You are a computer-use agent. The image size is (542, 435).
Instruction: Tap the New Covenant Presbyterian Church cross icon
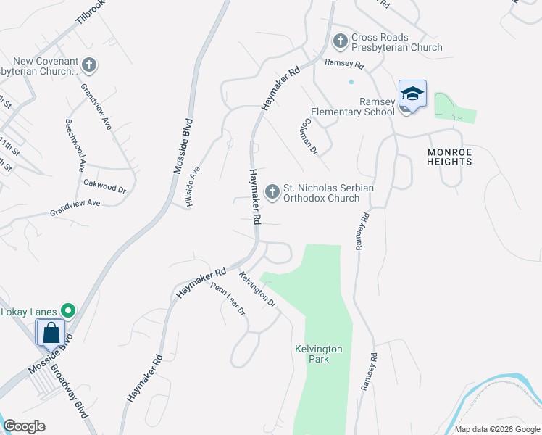[x=89, y=66]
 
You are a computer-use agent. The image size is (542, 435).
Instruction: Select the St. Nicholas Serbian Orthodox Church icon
[x=272, y=192]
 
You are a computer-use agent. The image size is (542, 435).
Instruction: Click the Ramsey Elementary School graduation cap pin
[x=412, y=95]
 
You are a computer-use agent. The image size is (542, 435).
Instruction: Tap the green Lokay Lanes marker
[x=69, y=312]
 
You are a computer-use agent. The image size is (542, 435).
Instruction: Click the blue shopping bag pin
[x=51, y=333]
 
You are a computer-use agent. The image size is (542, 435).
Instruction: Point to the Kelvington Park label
[x=318, y=354]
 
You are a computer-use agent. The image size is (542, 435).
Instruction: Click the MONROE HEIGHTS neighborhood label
[x=450, y=156]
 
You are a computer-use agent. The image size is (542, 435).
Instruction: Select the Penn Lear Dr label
[x=228, y=299]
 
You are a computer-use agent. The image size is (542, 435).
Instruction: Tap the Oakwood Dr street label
[x=105, y=186]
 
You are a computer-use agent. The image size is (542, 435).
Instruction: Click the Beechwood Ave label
[x=75, y=145]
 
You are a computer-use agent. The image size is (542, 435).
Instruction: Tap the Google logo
[x=24, y=426]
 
